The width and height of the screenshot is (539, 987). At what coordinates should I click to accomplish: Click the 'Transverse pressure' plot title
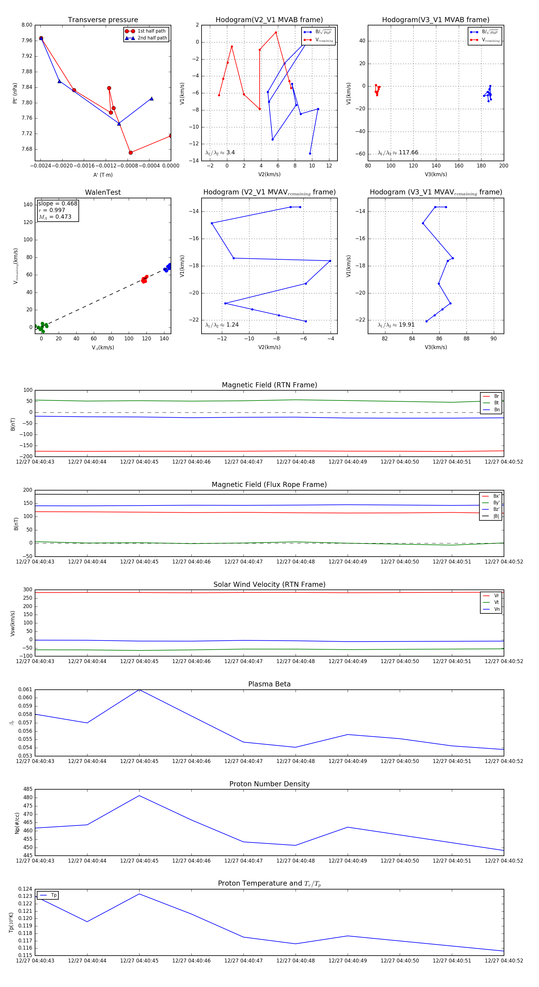pos(103,20)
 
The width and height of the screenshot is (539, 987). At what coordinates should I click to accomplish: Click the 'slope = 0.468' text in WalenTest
pos(57,203)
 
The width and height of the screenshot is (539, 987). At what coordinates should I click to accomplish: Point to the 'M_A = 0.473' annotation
pos(55,217)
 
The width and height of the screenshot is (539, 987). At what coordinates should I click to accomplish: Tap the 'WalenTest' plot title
pos(103,192)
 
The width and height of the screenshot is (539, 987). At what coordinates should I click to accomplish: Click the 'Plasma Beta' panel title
pos(269,684)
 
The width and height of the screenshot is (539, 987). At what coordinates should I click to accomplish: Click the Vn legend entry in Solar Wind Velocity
pos(496,609)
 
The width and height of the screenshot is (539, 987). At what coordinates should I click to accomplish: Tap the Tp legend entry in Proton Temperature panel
pos(53,895)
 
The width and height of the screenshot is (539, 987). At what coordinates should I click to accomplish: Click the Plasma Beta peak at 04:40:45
pos(139,690)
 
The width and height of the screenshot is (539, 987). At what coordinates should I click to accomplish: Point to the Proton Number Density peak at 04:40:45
pos(139,796)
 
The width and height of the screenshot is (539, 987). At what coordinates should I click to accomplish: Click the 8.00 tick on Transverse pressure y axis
pos(27,25)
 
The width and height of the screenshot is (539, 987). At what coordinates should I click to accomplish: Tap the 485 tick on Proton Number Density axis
pos(28,789)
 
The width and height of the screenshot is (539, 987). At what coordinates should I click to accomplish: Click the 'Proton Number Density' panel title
pos(269,784)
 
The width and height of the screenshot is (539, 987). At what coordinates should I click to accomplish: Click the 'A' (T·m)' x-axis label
pos(103,175)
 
